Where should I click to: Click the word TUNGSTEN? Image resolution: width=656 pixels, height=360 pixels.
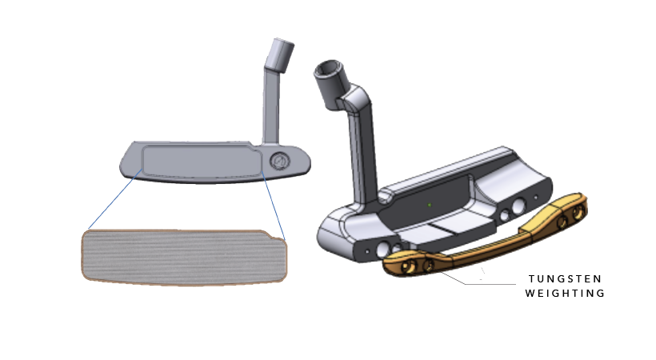pos(565,278)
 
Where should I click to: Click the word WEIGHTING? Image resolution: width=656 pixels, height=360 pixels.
pos(565,293)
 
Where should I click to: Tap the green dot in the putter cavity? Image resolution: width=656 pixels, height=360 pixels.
pos(430,205)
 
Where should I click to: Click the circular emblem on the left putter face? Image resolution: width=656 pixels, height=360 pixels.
pos(279,161)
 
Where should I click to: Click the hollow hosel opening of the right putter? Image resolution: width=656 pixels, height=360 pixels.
pos(329,70)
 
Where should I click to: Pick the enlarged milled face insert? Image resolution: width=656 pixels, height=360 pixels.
pos(184,258)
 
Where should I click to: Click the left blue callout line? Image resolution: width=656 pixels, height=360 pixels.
pos(115,199)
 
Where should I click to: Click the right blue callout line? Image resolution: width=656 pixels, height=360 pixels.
pos(273,205)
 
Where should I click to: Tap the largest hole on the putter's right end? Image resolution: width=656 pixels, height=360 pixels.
pos(518,206)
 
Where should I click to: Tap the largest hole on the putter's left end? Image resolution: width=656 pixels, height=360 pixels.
pos(383,250)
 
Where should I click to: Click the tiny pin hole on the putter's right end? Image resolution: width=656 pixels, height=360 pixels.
pos(536,197)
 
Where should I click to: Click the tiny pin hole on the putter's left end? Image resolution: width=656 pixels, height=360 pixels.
pos(367,251)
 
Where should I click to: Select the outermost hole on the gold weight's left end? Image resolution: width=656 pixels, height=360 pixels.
pos(407,266)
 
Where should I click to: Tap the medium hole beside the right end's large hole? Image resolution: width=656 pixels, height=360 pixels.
pos(505,216)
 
